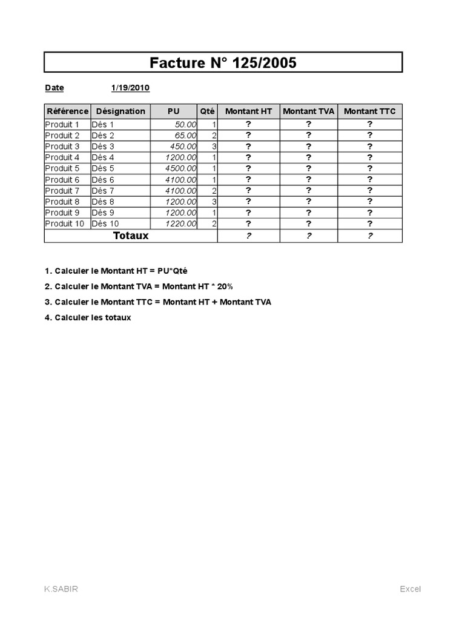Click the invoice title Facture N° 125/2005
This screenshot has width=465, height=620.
click(223, 62)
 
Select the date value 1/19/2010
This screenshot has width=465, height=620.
click(130, 88)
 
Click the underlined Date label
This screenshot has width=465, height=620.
click(54, 88)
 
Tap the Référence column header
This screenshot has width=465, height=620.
click(67, 111)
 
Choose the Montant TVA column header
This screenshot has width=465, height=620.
click(309, 111)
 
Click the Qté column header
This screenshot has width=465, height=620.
click(207, 111)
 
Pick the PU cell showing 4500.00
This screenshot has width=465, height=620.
click(181, 168)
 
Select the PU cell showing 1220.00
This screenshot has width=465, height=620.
click(181, 223)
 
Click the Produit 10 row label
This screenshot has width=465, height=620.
click(65, 223)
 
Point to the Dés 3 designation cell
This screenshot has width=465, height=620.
click(103, 147)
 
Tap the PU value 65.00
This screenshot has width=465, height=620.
click(185, 136)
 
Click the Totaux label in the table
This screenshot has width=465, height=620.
click(131, 236)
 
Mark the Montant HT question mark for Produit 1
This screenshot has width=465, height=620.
click(248, 124)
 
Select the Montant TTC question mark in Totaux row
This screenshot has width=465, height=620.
click(369, 236)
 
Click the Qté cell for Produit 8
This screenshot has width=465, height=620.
click(214, 202)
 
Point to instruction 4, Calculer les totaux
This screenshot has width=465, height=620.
click(88, 317)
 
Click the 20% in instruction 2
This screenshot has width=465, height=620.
click(225, 286)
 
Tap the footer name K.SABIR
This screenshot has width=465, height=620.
click(61, 589)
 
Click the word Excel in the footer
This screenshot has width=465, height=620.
click(410, 589)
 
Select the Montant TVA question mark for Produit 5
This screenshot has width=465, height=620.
click(309, 168)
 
